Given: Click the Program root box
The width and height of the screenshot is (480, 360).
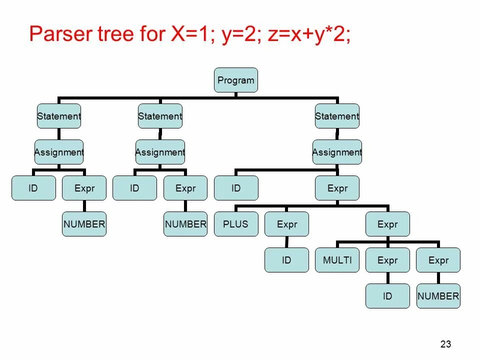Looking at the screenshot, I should coord(236,80).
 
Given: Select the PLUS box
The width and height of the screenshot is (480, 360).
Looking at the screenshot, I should coord(236,224).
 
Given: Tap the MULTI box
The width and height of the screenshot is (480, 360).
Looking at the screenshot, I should coord(337,260).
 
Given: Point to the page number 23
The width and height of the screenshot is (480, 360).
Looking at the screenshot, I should coord(446,344).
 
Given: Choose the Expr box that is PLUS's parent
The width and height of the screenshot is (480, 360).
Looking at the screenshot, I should coord(337,188).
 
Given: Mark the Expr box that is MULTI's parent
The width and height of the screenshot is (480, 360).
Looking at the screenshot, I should coord(387,224).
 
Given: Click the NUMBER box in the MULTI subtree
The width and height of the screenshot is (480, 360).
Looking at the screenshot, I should coord(438,296).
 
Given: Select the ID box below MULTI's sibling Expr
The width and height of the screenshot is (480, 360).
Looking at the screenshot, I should coord(387,296).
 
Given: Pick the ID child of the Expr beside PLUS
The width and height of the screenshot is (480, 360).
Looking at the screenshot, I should coord(286,260).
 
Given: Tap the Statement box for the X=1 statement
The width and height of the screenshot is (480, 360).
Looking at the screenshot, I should coord(59,116).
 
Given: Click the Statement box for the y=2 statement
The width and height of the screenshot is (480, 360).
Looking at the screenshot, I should coord(160,116).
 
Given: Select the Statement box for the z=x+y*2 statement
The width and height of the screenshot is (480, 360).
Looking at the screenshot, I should coord(337,116).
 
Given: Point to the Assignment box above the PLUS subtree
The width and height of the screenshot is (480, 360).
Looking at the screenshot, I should coord(337,152).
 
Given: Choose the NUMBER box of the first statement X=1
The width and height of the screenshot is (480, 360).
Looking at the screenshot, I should coord(84,224).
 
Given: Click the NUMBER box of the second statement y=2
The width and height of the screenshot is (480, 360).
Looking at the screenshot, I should coord(185,224).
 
